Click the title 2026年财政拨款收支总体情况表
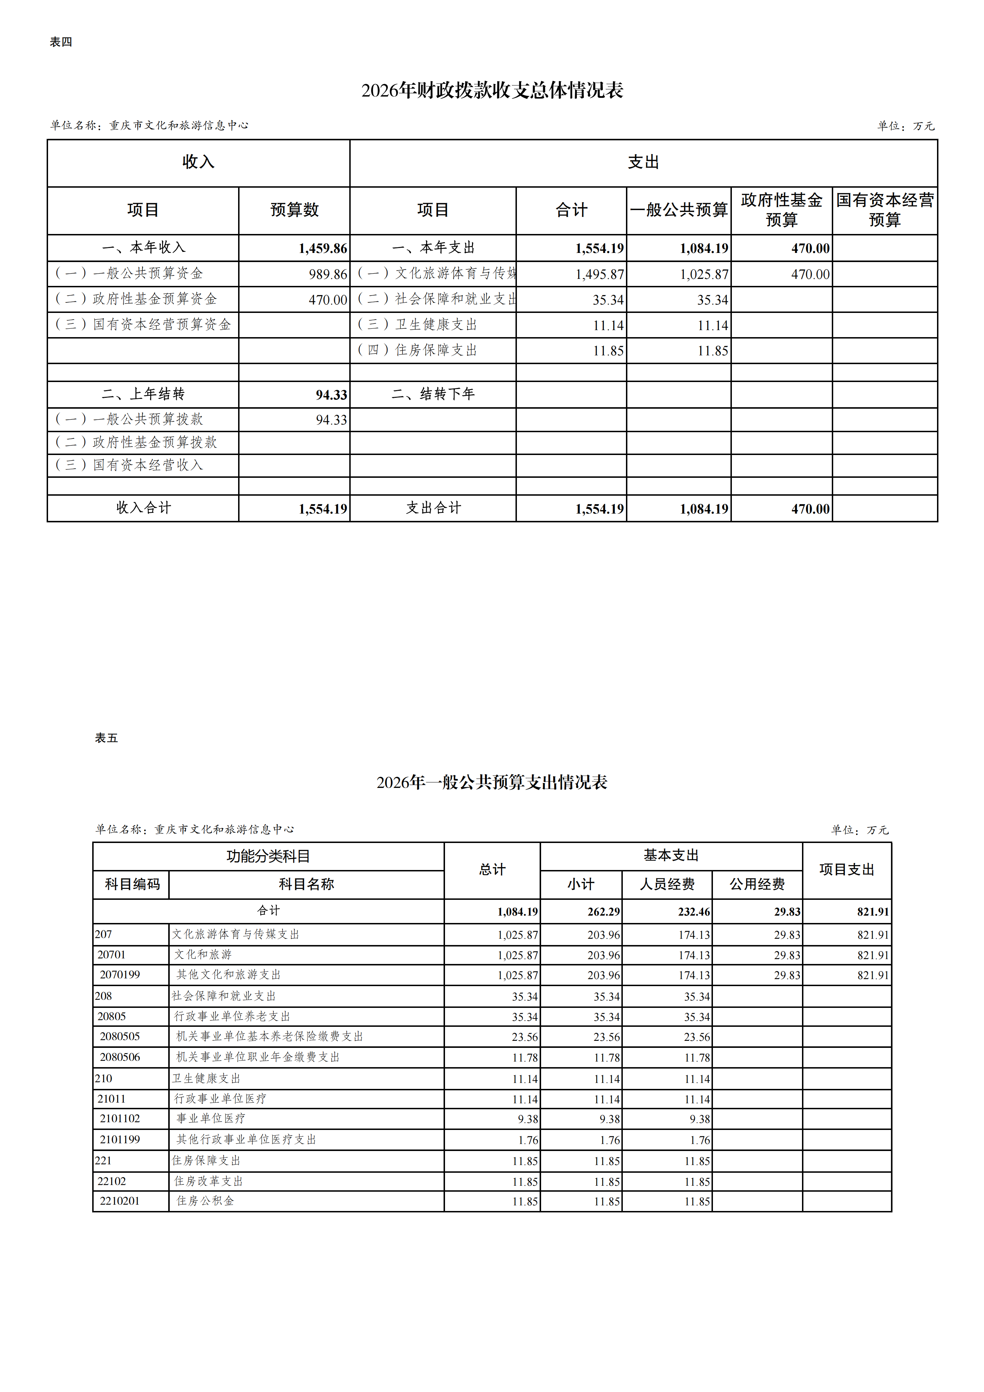pyautogui.click(x=492, y=91)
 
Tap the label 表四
pyautogui.click(x=61, y=42)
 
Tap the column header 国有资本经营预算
pyautogui.click(x=885, y=210)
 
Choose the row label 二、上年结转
pyautogui.click(x=143, y=394)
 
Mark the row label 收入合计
pyautogui.click(x=143, y=508)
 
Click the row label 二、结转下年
pyautogui.click(x=433, y=394)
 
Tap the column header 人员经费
pyautogui.click(x=667, y=884)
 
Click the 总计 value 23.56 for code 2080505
pyautogui.click(x=525, y=1037)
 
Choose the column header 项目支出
pyautogui.click(x=847, y=869)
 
